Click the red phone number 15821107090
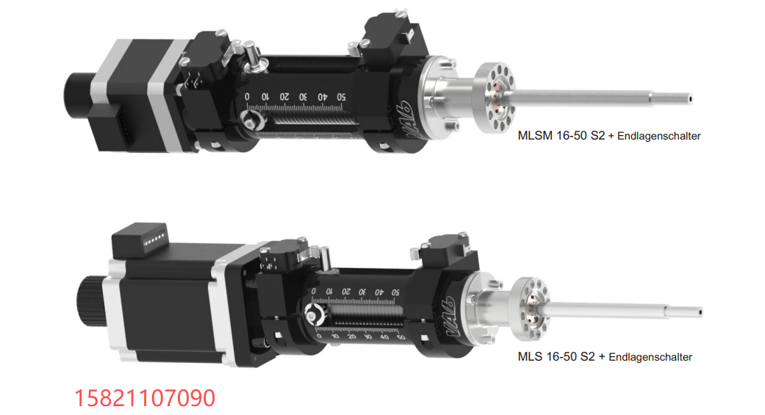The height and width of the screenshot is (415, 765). click(145, 398)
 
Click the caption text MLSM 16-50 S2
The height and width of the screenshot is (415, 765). click(561, 136)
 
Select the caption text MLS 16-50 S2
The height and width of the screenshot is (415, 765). click(556, 356)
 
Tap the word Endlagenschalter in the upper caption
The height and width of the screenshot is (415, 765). click(658, 136)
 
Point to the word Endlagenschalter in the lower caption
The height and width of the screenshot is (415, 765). click(650, 357)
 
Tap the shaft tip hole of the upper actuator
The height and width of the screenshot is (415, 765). click(690, 99)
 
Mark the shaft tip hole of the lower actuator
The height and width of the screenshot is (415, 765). click(700, 312)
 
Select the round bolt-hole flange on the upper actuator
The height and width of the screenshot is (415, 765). click(495, 98)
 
